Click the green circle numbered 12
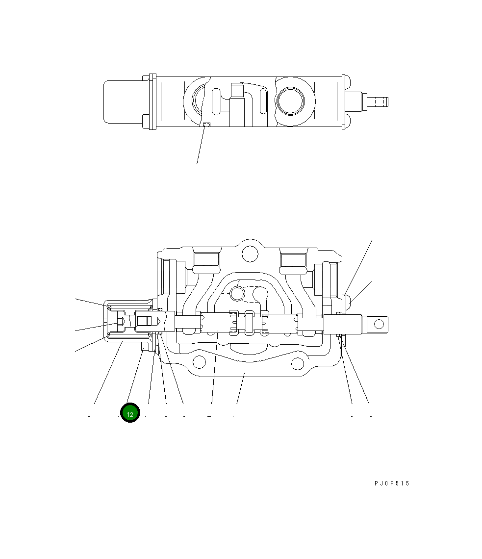(130, 413)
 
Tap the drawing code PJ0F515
(391, 483)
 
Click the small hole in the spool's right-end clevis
(379, 324)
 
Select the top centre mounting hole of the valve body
(251, 253)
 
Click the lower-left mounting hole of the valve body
(199, 362)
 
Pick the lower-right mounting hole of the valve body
(298, 363)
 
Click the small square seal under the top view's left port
(206, 125)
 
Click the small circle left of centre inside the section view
(237, 293)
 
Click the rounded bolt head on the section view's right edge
(348, 300)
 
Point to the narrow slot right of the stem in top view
(264, 102)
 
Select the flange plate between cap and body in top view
(152, 102)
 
